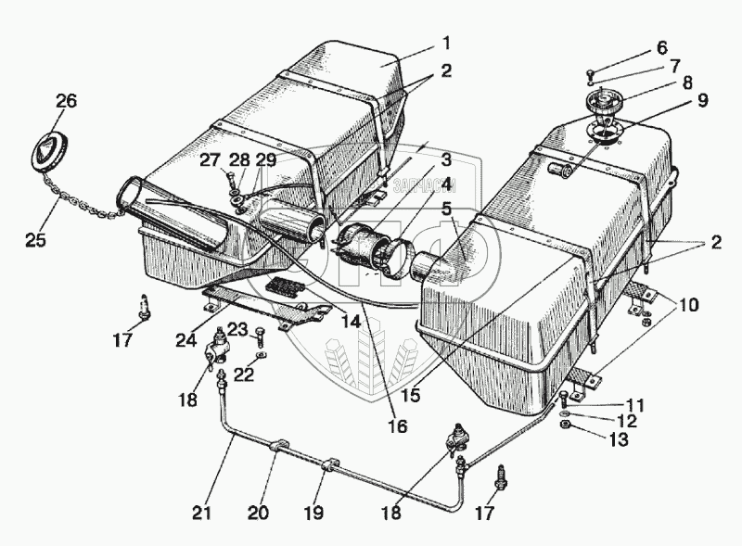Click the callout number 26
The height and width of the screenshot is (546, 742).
(66, 101)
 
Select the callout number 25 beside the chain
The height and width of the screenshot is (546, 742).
(35, 239)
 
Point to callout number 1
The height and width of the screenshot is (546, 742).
(446, 44)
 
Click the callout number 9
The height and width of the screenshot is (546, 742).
(702, 101)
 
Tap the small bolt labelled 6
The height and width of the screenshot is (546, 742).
(590, 74)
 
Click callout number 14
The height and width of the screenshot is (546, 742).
(352, 323)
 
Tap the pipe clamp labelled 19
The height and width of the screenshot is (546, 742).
(330, 463)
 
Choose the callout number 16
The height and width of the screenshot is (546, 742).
(398, 426)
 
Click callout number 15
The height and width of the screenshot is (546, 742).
(411, 395)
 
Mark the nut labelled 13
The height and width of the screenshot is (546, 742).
(565, 425)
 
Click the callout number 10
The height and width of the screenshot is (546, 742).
(688, 305)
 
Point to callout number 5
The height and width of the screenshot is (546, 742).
(447, 209)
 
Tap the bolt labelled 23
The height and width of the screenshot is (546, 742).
(261, 336)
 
